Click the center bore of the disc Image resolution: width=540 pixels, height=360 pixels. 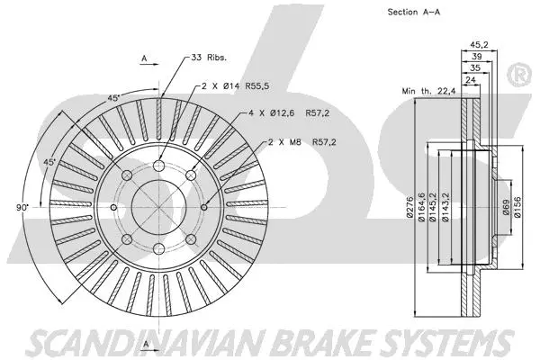coord(157,206)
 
